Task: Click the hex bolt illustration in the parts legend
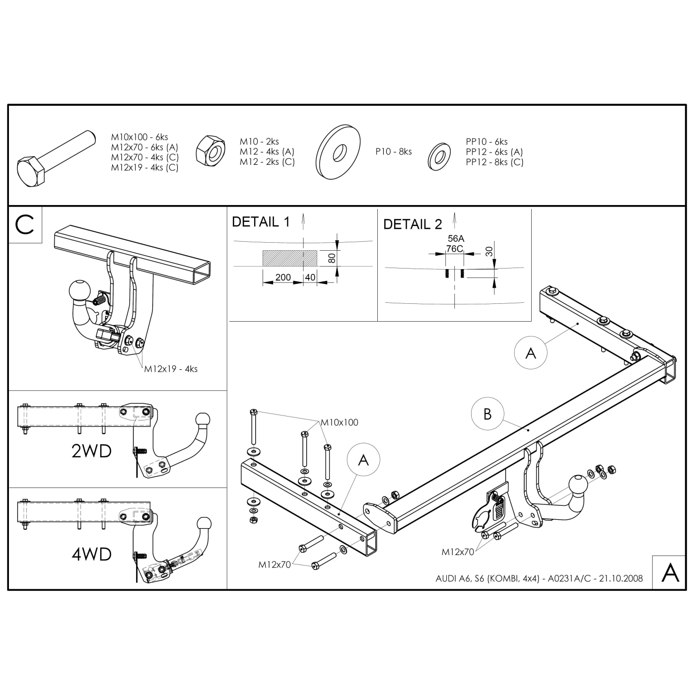[x=56, y=159]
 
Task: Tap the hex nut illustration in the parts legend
[x=210, y=151]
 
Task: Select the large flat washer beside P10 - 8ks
[x=338, y=152]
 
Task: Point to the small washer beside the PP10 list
[x=439, y=156]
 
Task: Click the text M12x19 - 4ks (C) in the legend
[x=144, y=168]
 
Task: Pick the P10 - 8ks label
[x=394, y=151]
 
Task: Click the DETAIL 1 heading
[x=261, y=222]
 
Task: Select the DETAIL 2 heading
[x=412, y=224]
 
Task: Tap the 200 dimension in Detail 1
[x=283, y=277]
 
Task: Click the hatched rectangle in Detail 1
[x=290, y=258]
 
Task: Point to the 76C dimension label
[x=454, y=249]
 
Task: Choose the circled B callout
[x=487, y=414]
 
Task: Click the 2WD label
[x=92, y=451]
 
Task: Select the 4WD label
[x=92, y=555]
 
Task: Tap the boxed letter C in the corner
[x=24, y=225]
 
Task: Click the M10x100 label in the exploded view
[x=340, y=422]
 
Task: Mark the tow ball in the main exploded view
[x=578, y=485]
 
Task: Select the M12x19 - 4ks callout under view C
[x=171, y=369]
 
